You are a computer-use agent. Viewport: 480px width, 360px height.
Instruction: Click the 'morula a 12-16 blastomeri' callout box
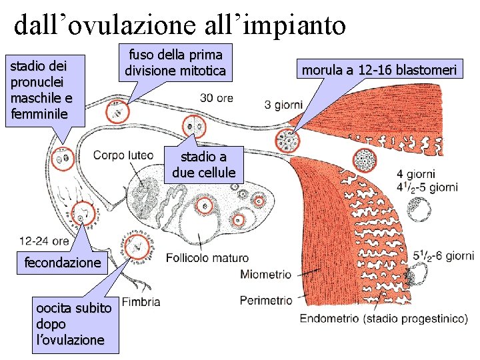tap(379, 70)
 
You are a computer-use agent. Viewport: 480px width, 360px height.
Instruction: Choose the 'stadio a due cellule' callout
tap(203, 165)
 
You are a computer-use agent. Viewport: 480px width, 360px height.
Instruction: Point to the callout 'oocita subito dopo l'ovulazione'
tap(70, 324)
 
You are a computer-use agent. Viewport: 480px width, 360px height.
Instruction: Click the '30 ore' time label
tap(217, 98)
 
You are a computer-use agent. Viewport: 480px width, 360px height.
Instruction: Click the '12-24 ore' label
tap(45, 241)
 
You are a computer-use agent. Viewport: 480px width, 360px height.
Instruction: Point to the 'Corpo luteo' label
tap(123, 155)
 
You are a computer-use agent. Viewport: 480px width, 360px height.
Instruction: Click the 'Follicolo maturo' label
tap(207, 258)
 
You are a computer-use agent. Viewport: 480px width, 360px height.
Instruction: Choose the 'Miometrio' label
tap(265, 274)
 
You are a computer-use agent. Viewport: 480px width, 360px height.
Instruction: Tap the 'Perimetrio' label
tap(266, 300)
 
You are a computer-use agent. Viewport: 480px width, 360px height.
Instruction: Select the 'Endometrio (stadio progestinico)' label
tap(383, 319)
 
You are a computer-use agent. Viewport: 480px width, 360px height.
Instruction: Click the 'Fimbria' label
tap(141, 302)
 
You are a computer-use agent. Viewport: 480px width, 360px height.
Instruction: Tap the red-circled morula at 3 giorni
tap(289, 141)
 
